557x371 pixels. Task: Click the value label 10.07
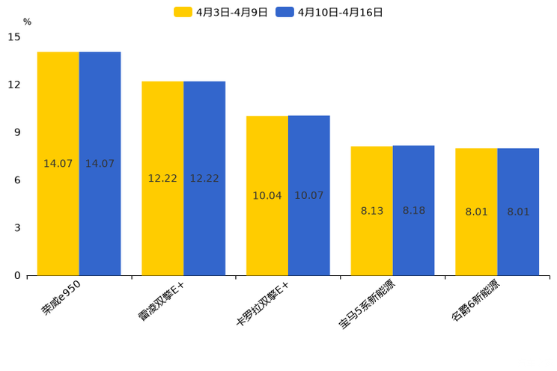(x=309, y=196)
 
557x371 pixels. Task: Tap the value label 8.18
(x=414, y=211)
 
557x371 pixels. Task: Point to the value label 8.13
(x=372, y=211)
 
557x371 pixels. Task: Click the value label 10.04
(x=267, y=196)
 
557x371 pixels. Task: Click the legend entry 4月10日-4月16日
(x=329, y=12)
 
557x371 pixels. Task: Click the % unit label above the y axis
(x=27, y=22)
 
